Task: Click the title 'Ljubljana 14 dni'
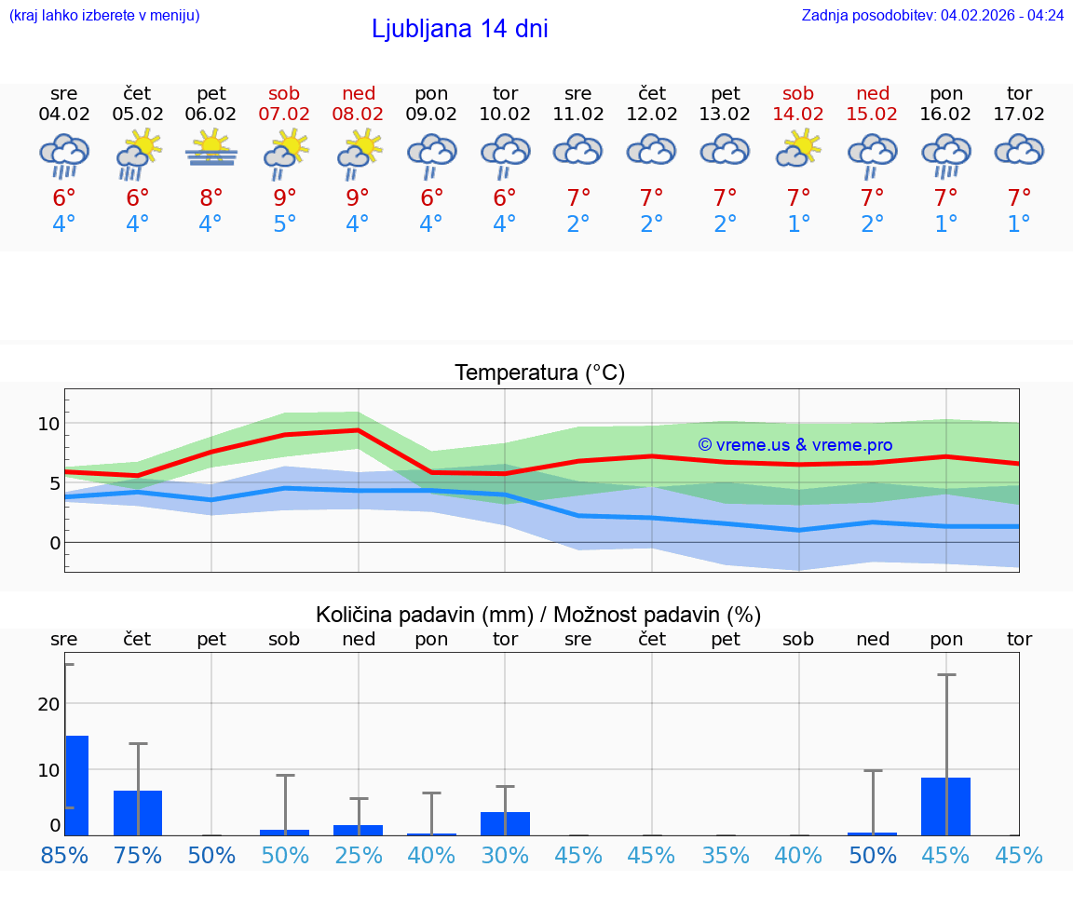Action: (x=459, y=29)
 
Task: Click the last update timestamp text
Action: (x=932, y=15)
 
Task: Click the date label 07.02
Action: (x=285, y=115)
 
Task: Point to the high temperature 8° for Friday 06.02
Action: (x=211, y=198)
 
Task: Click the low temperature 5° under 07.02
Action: (x=285, y=224)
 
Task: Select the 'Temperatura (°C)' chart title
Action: (x=539, y=373)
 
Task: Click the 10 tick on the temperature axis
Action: (x=48, y=424)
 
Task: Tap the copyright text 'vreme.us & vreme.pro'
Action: (x=795, y=445)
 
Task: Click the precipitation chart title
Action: (x=538, y=615)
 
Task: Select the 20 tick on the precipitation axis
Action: (x=48, y=704)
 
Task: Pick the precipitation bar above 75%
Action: (x=138, y=812)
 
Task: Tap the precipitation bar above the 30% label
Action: (x=505, y=823)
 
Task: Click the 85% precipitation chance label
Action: (x=64, y=855)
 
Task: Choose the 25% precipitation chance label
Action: (x=359, y=855)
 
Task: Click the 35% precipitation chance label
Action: (x=726, y=855)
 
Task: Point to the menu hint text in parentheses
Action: (x=104, y=15)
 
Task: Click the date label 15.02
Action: (x=872, y=115)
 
